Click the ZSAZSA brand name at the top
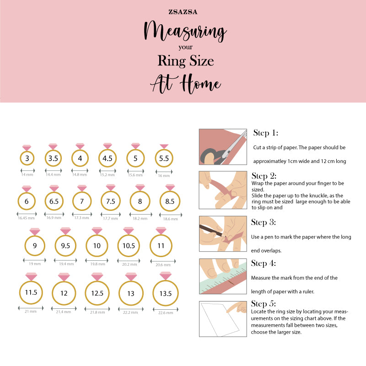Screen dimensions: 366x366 click(183, 12)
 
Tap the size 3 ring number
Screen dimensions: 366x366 click(27, 158)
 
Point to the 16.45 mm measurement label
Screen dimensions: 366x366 click(26, 218)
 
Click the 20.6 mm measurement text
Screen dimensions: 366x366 click(163, 265)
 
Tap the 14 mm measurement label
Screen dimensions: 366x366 click(27, 175)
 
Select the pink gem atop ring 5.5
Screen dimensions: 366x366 click(164, 146)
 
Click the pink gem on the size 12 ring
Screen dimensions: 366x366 click(64, 277)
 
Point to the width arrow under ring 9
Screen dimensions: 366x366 click(35, 260)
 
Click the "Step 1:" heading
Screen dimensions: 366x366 click(266, 133)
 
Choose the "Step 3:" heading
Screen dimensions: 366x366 click(264, 222)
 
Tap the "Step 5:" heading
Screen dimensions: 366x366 click(264, 304)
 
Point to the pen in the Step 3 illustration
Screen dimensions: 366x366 click(212, 231)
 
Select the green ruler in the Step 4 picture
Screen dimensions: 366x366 click(223, 277)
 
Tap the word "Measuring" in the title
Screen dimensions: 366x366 click(185, 31)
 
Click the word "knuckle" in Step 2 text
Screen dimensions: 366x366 click(318, 196)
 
